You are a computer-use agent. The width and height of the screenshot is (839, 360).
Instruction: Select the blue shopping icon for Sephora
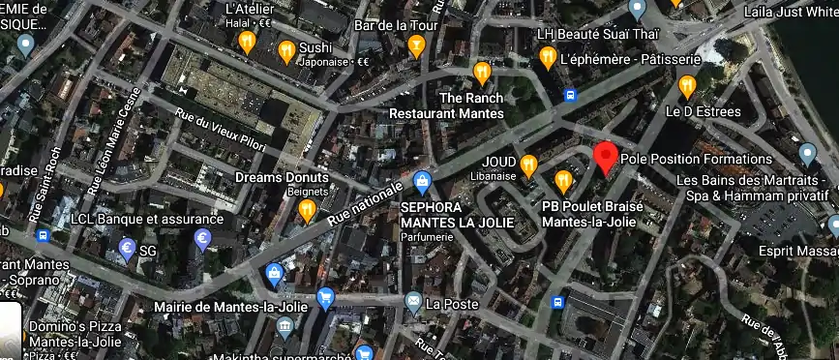point(422,181)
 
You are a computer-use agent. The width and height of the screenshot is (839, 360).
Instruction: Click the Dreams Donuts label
point(282,178)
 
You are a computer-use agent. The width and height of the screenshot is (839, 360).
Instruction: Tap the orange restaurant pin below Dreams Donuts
point(307,209)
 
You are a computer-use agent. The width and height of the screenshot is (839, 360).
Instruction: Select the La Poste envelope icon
point(414,304)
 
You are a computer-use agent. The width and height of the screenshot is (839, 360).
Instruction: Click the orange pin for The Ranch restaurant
point(482,73)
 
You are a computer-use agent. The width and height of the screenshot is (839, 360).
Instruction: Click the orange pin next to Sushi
point(286,51)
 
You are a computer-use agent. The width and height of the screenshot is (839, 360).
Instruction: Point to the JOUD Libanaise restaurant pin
point(528,165)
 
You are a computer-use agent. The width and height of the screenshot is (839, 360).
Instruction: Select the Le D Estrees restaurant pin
point(688,87)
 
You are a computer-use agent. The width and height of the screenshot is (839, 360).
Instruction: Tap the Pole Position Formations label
point(696,159)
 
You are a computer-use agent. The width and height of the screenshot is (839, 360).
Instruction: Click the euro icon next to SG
point(126,249)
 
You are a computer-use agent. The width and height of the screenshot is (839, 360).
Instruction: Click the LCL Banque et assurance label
point(147,219)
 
